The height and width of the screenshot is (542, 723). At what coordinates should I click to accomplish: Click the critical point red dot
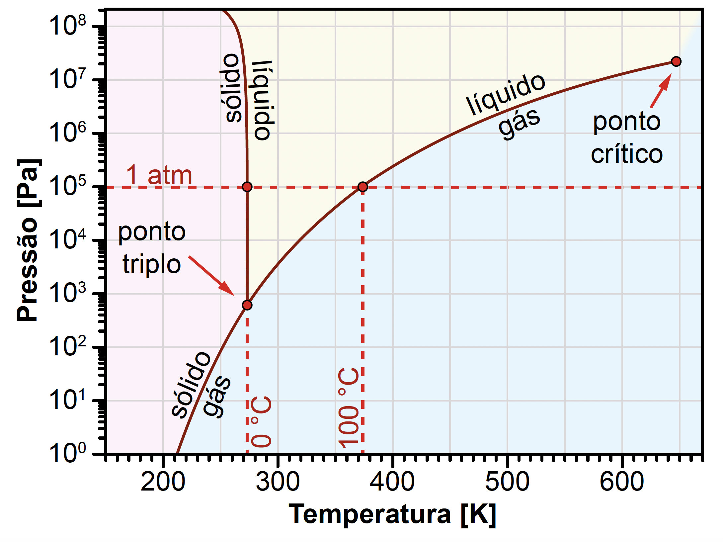pyautogui.click(x=676, y=61)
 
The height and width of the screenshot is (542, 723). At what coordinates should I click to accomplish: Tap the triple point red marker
pyautogui.click(x=247, y=305)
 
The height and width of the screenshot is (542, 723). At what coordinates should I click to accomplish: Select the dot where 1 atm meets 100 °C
pyautogui.click(x=363, y=187)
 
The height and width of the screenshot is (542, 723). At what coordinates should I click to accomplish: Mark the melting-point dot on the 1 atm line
pyautogui.click(x=247, y=187)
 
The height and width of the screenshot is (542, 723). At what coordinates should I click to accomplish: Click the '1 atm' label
pyautogui.click(x=159, y=175)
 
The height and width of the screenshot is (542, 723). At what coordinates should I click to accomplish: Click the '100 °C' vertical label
pyautogui.click(x=349, y=407)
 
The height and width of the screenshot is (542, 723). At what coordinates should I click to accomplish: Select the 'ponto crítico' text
pyautogui.click(x=627, y=137)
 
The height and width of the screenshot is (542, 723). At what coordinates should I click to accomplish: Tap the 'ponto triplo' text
pyautogui.click(x=152, y=248)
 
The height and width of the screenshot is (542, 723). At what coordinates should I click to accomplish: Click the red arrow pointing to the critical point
pyautogui.click(x=661, y=90)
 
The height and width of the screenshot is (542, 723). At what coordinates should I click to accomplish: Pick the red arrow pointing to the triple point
pyautogui.click(x=211, y=276)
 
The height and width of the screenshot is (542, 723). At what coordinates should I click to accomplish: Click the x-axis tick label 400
pyautogui.click(x=392, y=482)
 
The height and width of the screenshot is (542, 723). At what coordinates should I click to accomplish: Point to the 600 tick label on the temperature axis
pyautogui.click(x=622, y=482)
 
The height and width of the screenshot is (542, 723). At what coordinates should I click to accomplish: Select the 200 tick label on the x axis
pyautogui.click(x=163, y=482)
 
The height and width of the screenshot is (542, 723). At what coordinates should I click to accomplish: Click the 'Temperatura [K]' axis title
pyautogui.click(x=392, y=514)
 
